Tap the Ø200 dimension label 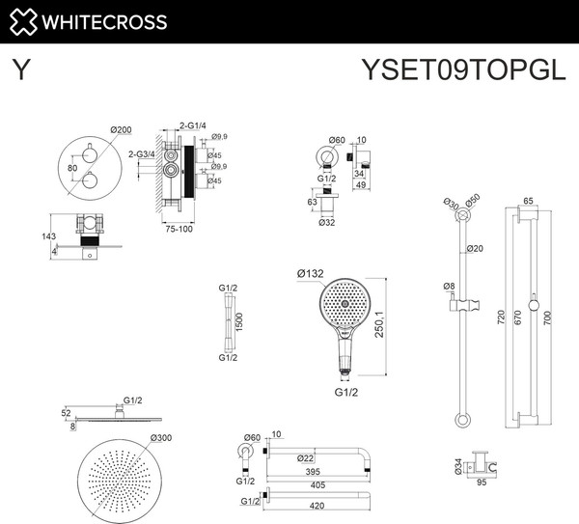pos(121,129)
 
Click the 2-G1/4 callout pos(193,124)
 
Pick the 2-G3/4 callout pos(144,153)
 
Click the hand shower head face pos(345,304)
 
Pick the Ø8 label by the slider pos(449,286)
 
